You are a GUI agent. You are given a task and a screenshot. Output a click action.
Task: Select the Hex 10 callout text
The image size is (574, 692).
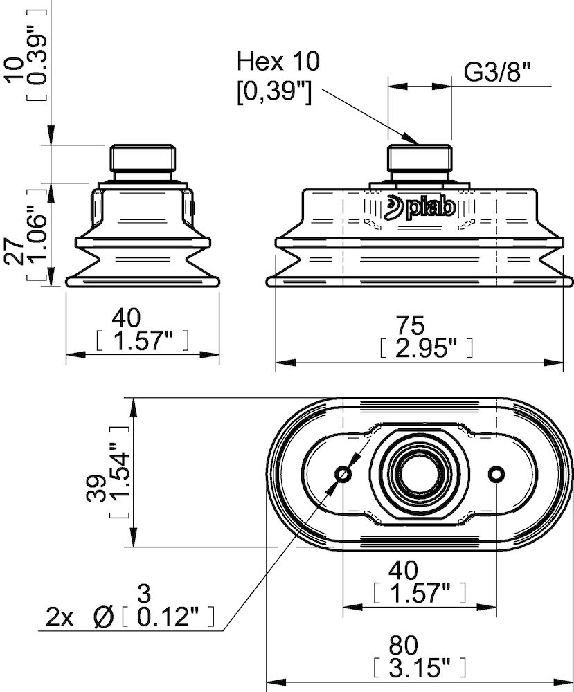[x=278, y=62]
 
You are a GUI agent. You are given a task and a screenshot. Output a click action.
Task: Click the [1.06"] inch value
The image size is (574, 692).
[x=35, y=233]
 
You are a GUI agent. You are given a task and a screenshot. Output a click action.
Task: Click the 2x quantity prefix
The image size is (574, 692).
[x=60, y=616]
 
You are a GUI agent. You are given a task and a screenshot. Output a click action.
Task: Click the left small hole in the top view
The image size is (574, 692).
[x=343, y=474]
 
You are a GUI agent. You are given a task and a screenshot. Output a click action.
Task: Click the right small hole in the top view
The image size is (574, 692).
[x=496, y=474]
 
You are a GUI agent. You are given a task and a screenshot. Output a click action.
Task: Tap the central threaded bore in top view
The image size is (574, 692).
[x=420, y=474]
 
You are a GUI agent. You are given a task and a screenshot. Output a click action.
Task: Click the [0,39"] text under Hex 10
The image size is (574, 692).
[x=273, y=91]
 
